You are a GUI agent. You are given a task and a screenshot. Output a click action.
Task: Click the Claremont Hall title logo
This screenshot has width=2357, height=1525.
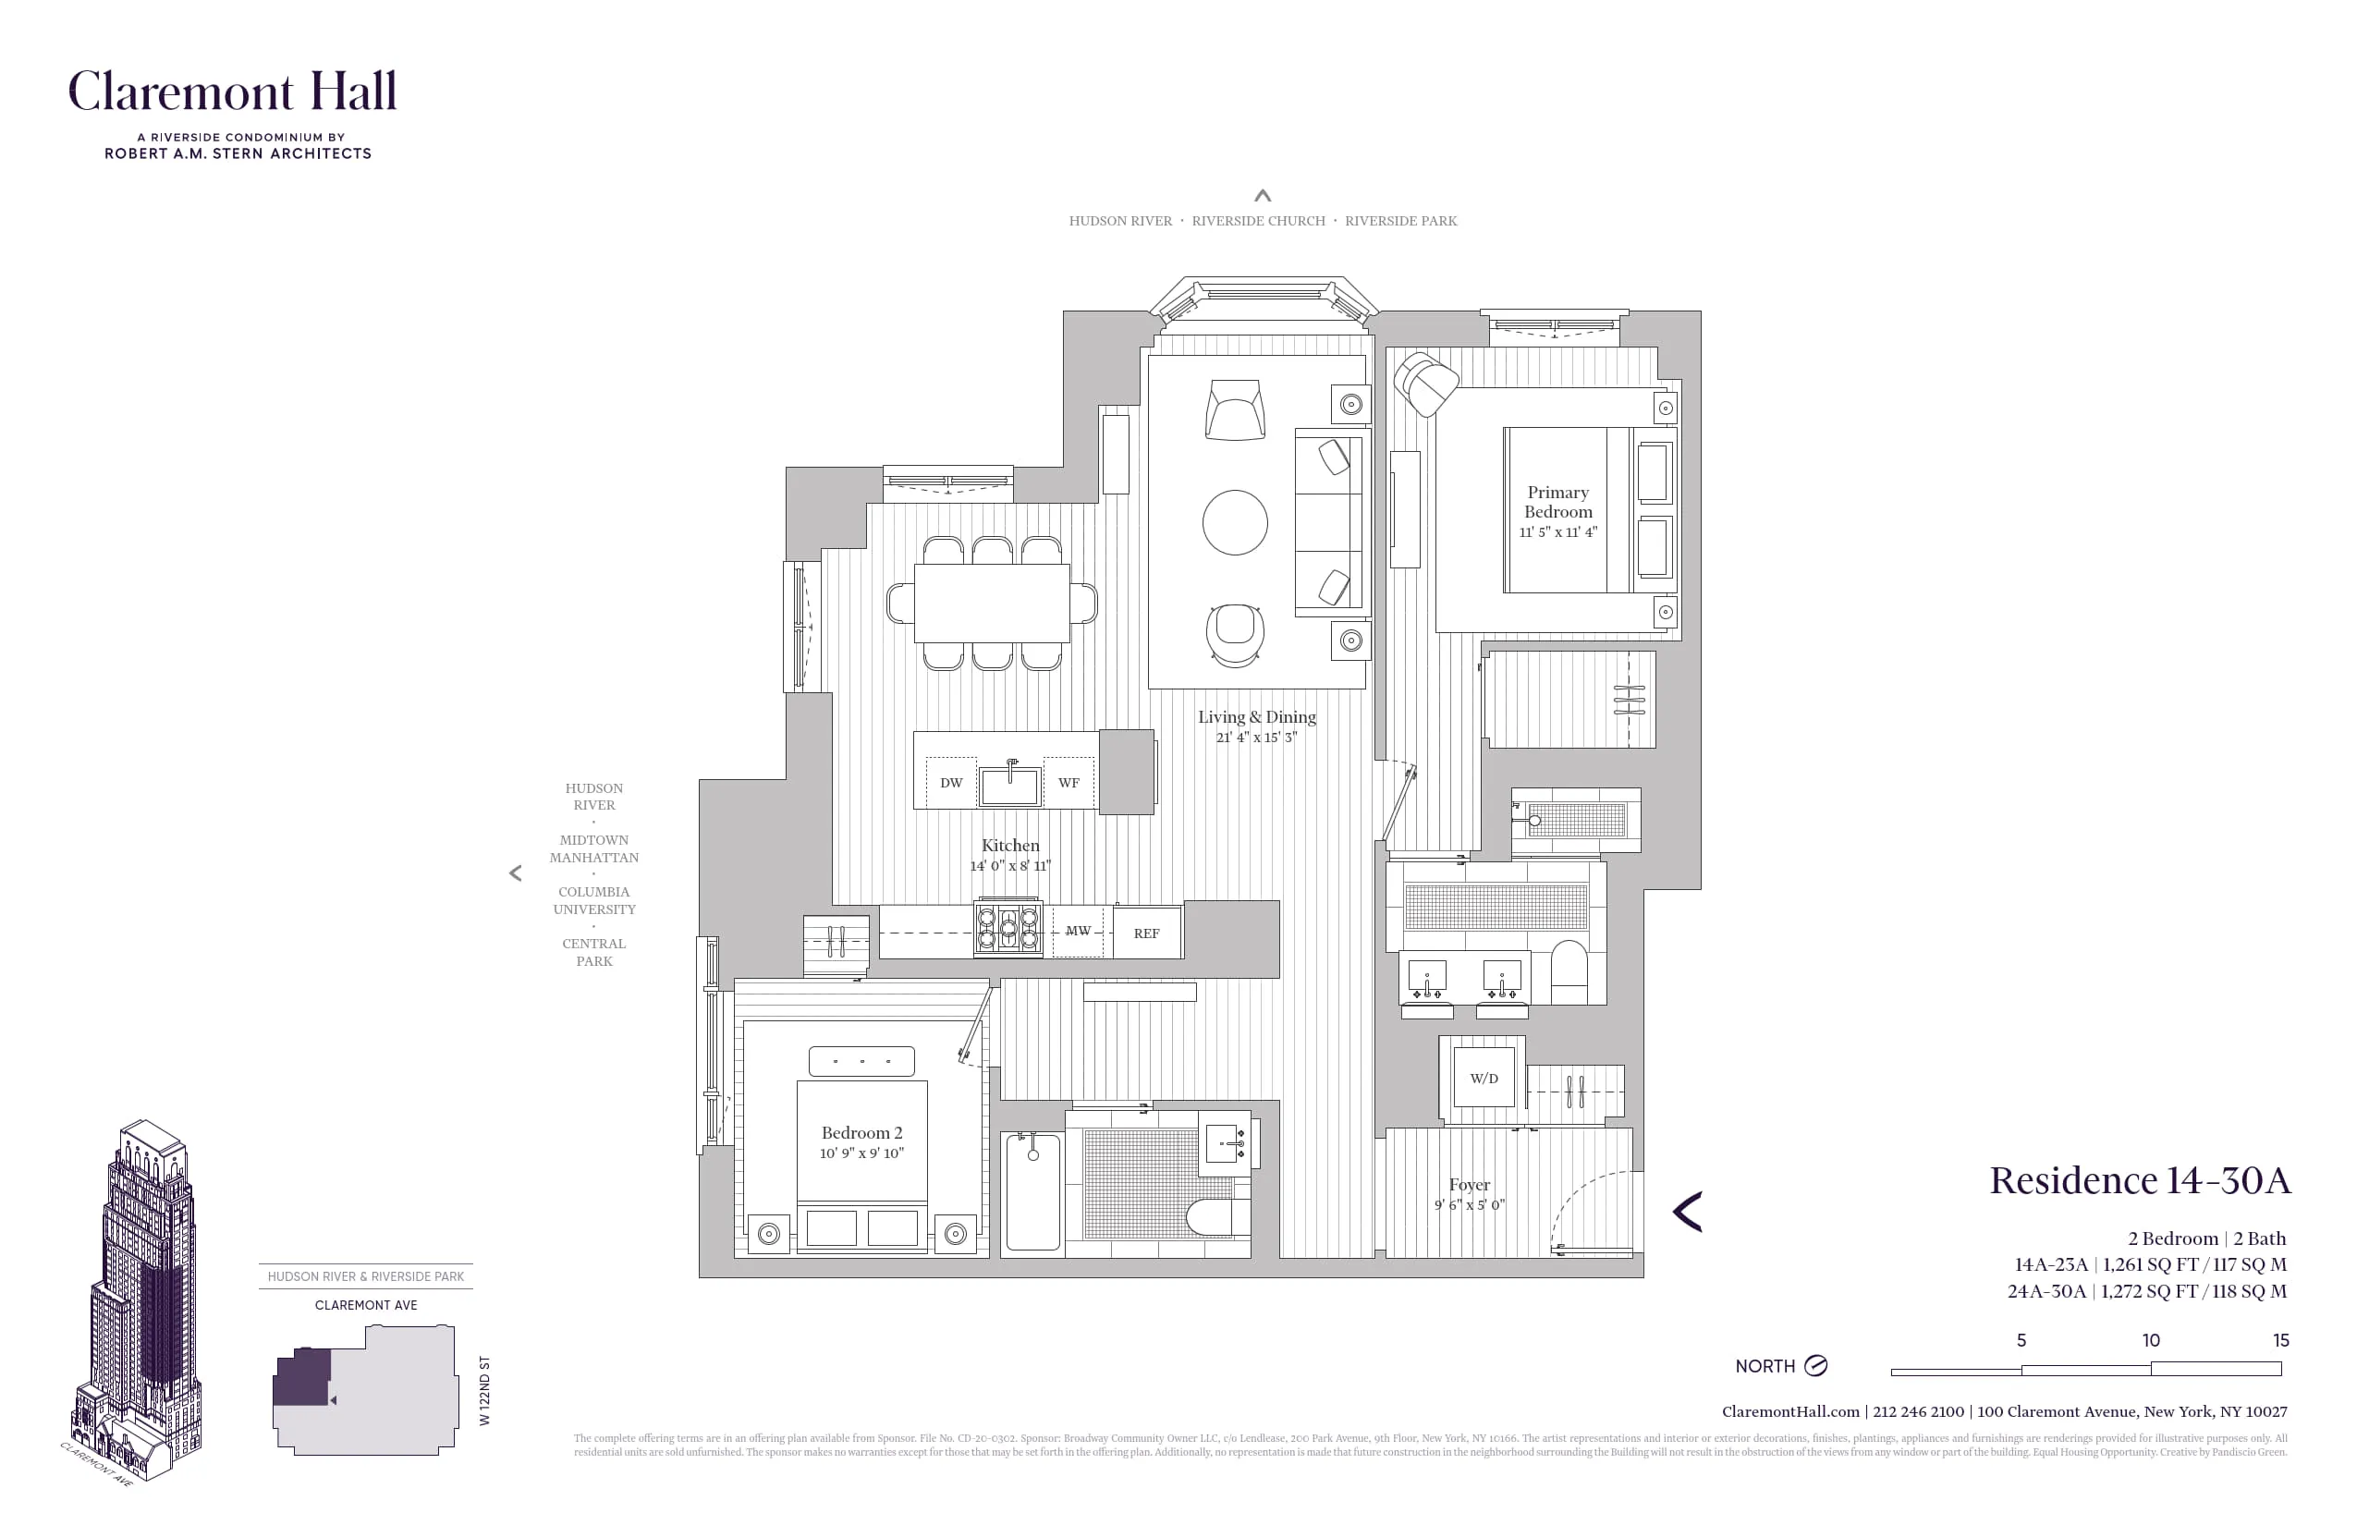pyautogui.click(x=233, y=92)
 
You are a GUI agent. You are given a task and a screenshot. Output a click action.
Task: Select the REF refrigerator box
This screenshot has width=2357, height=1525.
pyautogui.click(x=1147, y=933)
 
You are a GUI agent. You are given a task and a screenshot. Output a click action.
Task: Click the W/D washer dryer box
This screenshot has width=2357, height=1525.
pyautogui.click(x=1483, y=1079)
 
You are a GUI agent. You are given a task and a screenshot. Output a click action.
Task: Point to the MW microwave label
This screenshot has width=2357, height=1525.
pyautogui.click(x=1078, y=931)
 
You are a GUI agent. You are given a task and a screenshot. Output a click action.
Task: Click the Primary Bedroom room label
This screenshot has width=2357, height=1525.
pyautogui.click(x=1557, y=502)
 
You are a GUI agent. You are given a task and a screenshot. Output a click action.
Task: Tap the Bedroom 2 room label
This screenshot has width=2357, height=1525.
pyautogui.click(x=861, y=1133)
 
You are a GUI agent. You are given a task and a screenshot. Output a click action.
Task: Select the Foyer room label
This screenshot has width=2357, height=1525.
pyautogui.click(x=1469, y=1185)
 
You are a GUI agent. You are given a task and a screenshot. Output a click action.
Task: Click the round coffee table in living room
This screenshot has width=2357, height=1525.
pyautogui.click(x=1235, y=523)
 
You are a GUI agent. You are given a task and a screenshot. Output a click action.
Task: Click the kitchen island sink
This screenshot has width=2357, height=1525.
pyautogui.click(x=1009, y=787)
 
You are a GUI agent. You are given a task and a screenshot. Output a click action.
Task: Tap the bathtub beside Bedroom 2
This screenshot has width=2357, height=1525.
pyautogui.click(x=1033, y=1192)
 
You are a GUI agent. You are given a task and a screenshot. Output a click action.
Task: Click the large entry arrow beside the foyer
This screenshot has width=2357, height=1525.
pyautogui.click(x=1688, y=1212)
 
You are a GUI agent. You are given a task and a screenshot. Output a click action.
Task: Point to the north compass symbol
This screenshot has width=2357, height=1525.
pyautogui.click(x=1815, y=1366)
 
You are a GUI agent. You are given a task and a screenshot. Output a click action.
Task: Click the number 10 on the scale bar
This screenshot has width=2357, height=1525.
pyautogui.click(x=2151, y=1341)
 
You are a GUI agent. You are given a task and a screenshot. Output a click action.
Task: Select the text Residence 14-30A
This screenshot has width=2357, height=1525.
pyautogui.click(x=2139, y=1180)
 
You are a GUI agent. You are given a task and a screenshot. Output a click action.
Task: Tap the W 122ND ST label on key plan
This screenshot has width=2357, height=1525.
pyautogui.click(x=484, y=1390)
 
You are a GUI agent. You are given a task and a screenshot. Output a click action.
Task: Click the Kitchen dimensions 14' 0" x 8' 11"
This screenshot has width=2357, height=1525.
pyautogui.click(x=1010, y=865)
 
